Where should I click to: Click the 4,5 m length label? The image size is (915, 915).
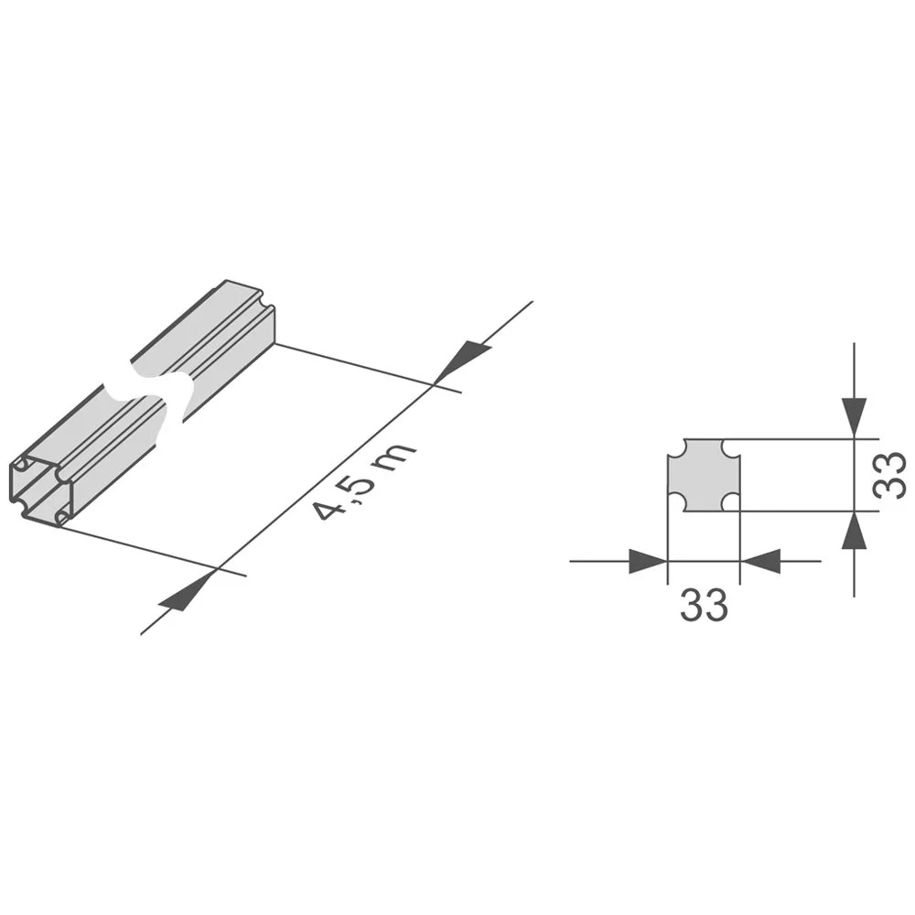(x=365, y=482)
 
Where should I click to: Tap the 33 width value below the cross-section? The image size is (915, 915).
(x=704, y=605)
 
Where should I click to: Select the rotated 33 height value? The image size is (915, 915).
(x=888, y=475)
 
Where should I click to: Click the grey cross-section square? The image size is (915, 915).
(x=704, y=475)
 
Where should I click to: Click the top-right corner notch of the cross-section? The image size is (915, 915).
(x=732, y=447)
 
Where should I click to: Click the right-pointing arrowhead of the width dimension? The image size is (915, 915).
(x=648, y=561)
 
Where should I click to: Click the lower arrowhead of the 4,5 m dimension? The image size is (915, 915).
(x=188, y=596)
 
